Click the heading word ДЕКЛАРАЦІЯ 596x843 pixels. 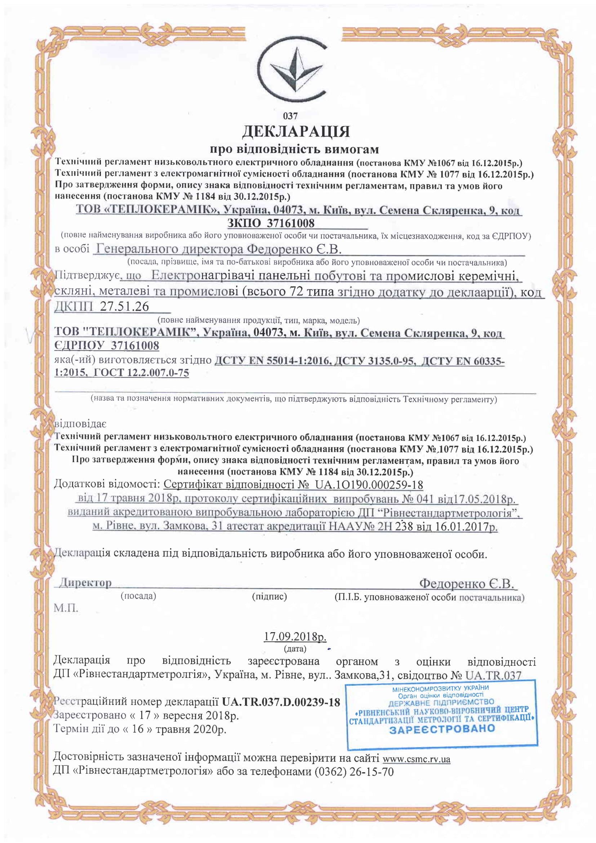click(x=295, y=132)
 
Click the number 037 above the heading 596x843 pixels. click(x=290, y=116)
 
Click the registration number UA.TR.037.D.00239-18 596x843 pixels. click(x=281, y=702)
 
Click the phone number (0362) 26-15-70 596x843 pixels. click(x=354, y=772)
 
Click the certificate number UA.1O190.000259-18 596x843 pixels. click(x=369, y=485)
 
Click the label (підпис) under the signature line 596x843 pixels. click(x=270, y=596)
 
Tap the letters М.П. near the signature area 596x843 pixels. click(x=66, y=608)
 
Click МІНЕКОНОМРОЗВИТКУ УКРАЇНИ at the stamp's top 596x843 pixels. click(x=440, y=688)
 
